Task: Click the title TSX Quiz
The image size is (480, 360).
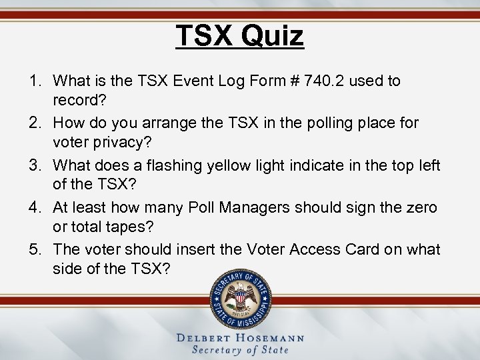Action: pos(240,35)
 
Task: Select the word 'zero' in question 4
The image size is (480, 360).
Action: pos(421,207)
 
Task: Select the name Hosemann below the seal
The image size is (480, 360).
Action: pos(271,338)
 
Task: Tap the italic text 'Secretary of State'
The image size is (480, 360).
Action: pos(240,350)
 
